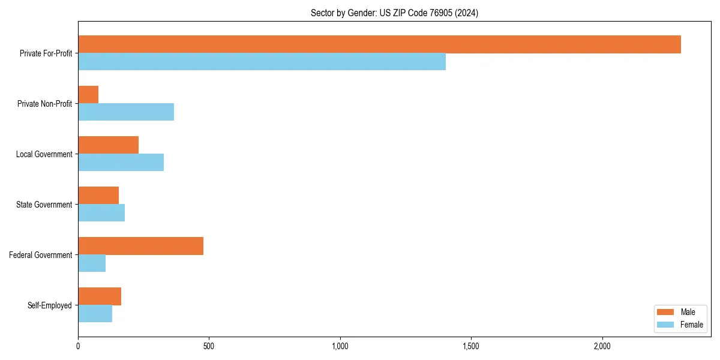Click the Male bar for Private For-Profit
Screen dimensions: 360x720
pyautogui.click(x=379, y=44)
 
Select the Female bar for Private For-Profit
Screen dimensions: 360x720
pyautogui.click(x=262, y=62)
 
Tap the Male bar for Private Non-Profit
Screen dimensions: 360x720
pyautogui.click(x=88, y=95)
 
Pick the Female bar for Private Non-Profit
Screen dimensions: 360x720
pyautogui.click(x=126, y=112)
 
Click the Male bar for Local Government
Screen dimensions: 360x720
pyautogui.click(x=108, y=145)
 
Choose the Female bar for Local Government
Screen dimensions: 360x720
pyautogui.click(x=121, y=163)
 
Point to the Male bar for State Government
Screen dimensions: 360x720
pyautogui.click(x=98, y=196)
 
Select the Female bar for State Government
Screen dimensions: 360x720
pyautogui.click(x=101, y=213)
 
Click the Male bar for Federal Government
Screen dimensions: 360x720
pyautogui.click(x=140, y=246)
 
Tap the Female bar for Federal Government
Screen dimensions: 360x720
pyautogui.click(x=92, y=263)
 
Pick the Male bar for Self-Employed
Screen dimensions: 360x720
pyautogui.click(x=100, y=296)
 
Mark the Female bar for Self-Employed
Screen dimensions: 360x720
pyautogui.click(x=95, y=314)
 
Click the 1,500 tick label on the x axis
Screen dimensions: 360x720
pyautogui.click(x=471, y=346)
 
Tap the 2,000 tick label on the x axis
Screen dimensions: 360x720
pyautogui.click(x=602, y=346)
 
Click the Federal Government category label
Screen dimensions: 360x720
pyautogui.click(x=41, y=255)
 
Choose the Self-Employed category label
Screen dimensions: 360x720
pyautogui.click(x=50, y=305)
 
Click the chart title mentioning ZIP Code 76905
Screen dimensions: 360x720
pyautogui.click(x=394, y=13)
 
